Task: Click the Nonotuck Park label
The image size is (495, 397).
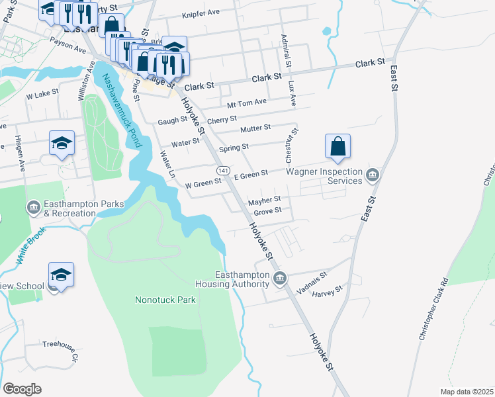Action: pyautogui.click(x=165, y=299)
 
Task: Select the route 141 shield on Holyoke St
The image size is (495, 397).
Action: pyautogui.click(x=224, y=171)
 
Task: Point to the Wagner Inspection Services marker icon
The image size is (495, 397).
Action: pyautogui.click(x=373, y=175)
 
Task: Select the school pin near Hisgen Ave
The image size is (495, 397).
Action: pyautogui.click(x=62, y=144)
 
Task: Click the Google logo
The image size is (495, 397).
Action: pyautogui.click(x=22, y=389)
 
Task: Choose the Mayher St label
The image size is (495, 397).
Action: pyautogui.click(x=265, y=199)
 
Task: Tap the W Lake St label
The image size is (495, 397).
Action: pyautogui.click(x=42, y=95)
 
